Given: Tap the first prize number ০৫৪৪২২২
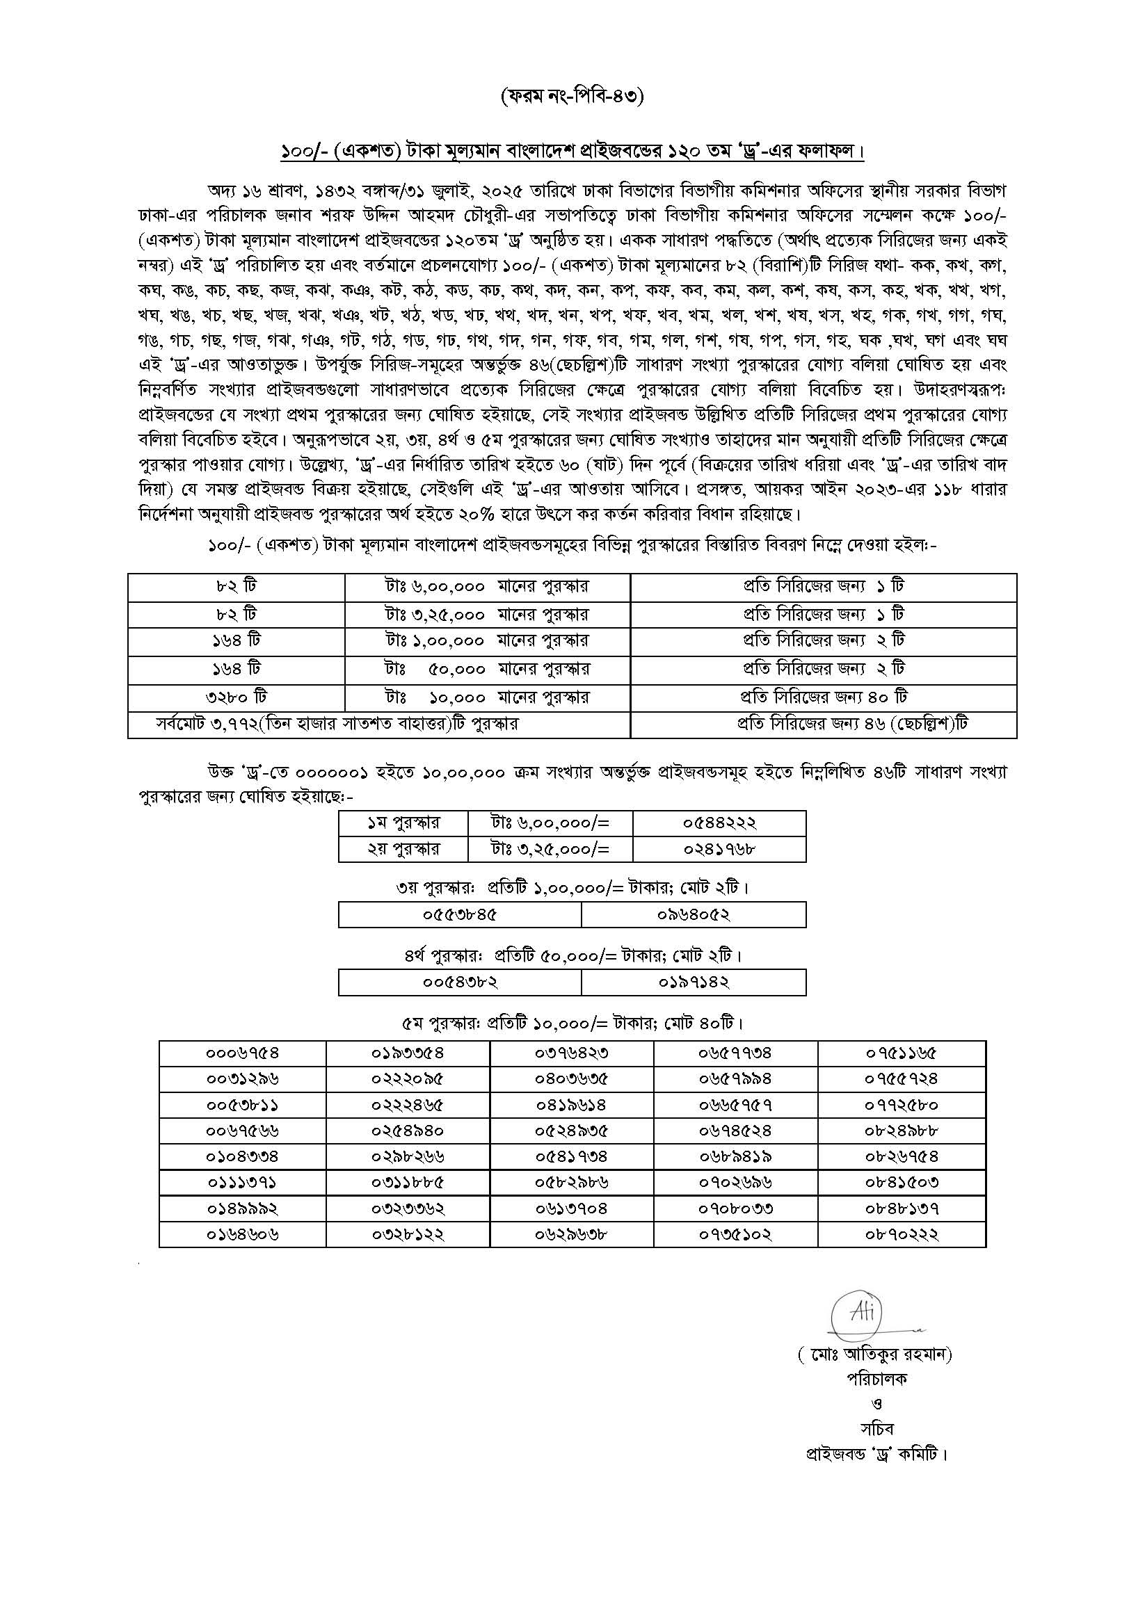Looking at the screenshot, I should (x=719, y=823).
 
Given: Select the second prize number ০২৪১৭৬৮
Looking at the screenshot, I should (x=719, y=849).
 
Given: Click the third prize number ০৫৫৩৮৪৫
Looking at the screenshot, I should (x=460, y=915).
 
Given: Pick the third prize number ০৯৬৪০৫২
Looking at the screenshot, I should (x=694, y=915).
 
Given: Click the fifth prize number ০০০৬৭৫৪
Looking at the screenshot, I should (x=243, y=1053).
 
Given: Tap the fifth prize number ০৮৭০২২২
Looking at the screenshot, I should (x=902, y=1234).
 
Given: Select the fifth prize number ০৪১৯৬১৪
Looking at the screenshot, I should (x=571, y=1105).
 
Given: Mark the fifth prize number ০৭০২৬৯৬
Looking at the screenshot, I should (x=735, y=1183).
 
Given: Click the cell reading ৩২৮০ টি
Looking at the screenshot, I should (x=237, y=697).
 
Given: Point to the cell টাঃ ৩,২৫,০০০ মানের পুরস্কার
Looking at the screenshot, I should (x=487, y=614).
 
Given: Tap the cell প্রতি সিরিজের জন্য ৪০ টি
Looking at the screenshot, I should (x=824, y=697).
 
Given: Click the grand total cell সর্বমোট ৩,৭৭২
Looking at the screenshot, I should (x=337, y=724).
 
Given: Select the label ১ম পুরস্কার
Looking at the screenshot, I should (x=403, y=823).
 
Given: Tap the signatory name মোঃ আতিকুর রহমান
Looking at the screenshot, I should (x=875, y=1354).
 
